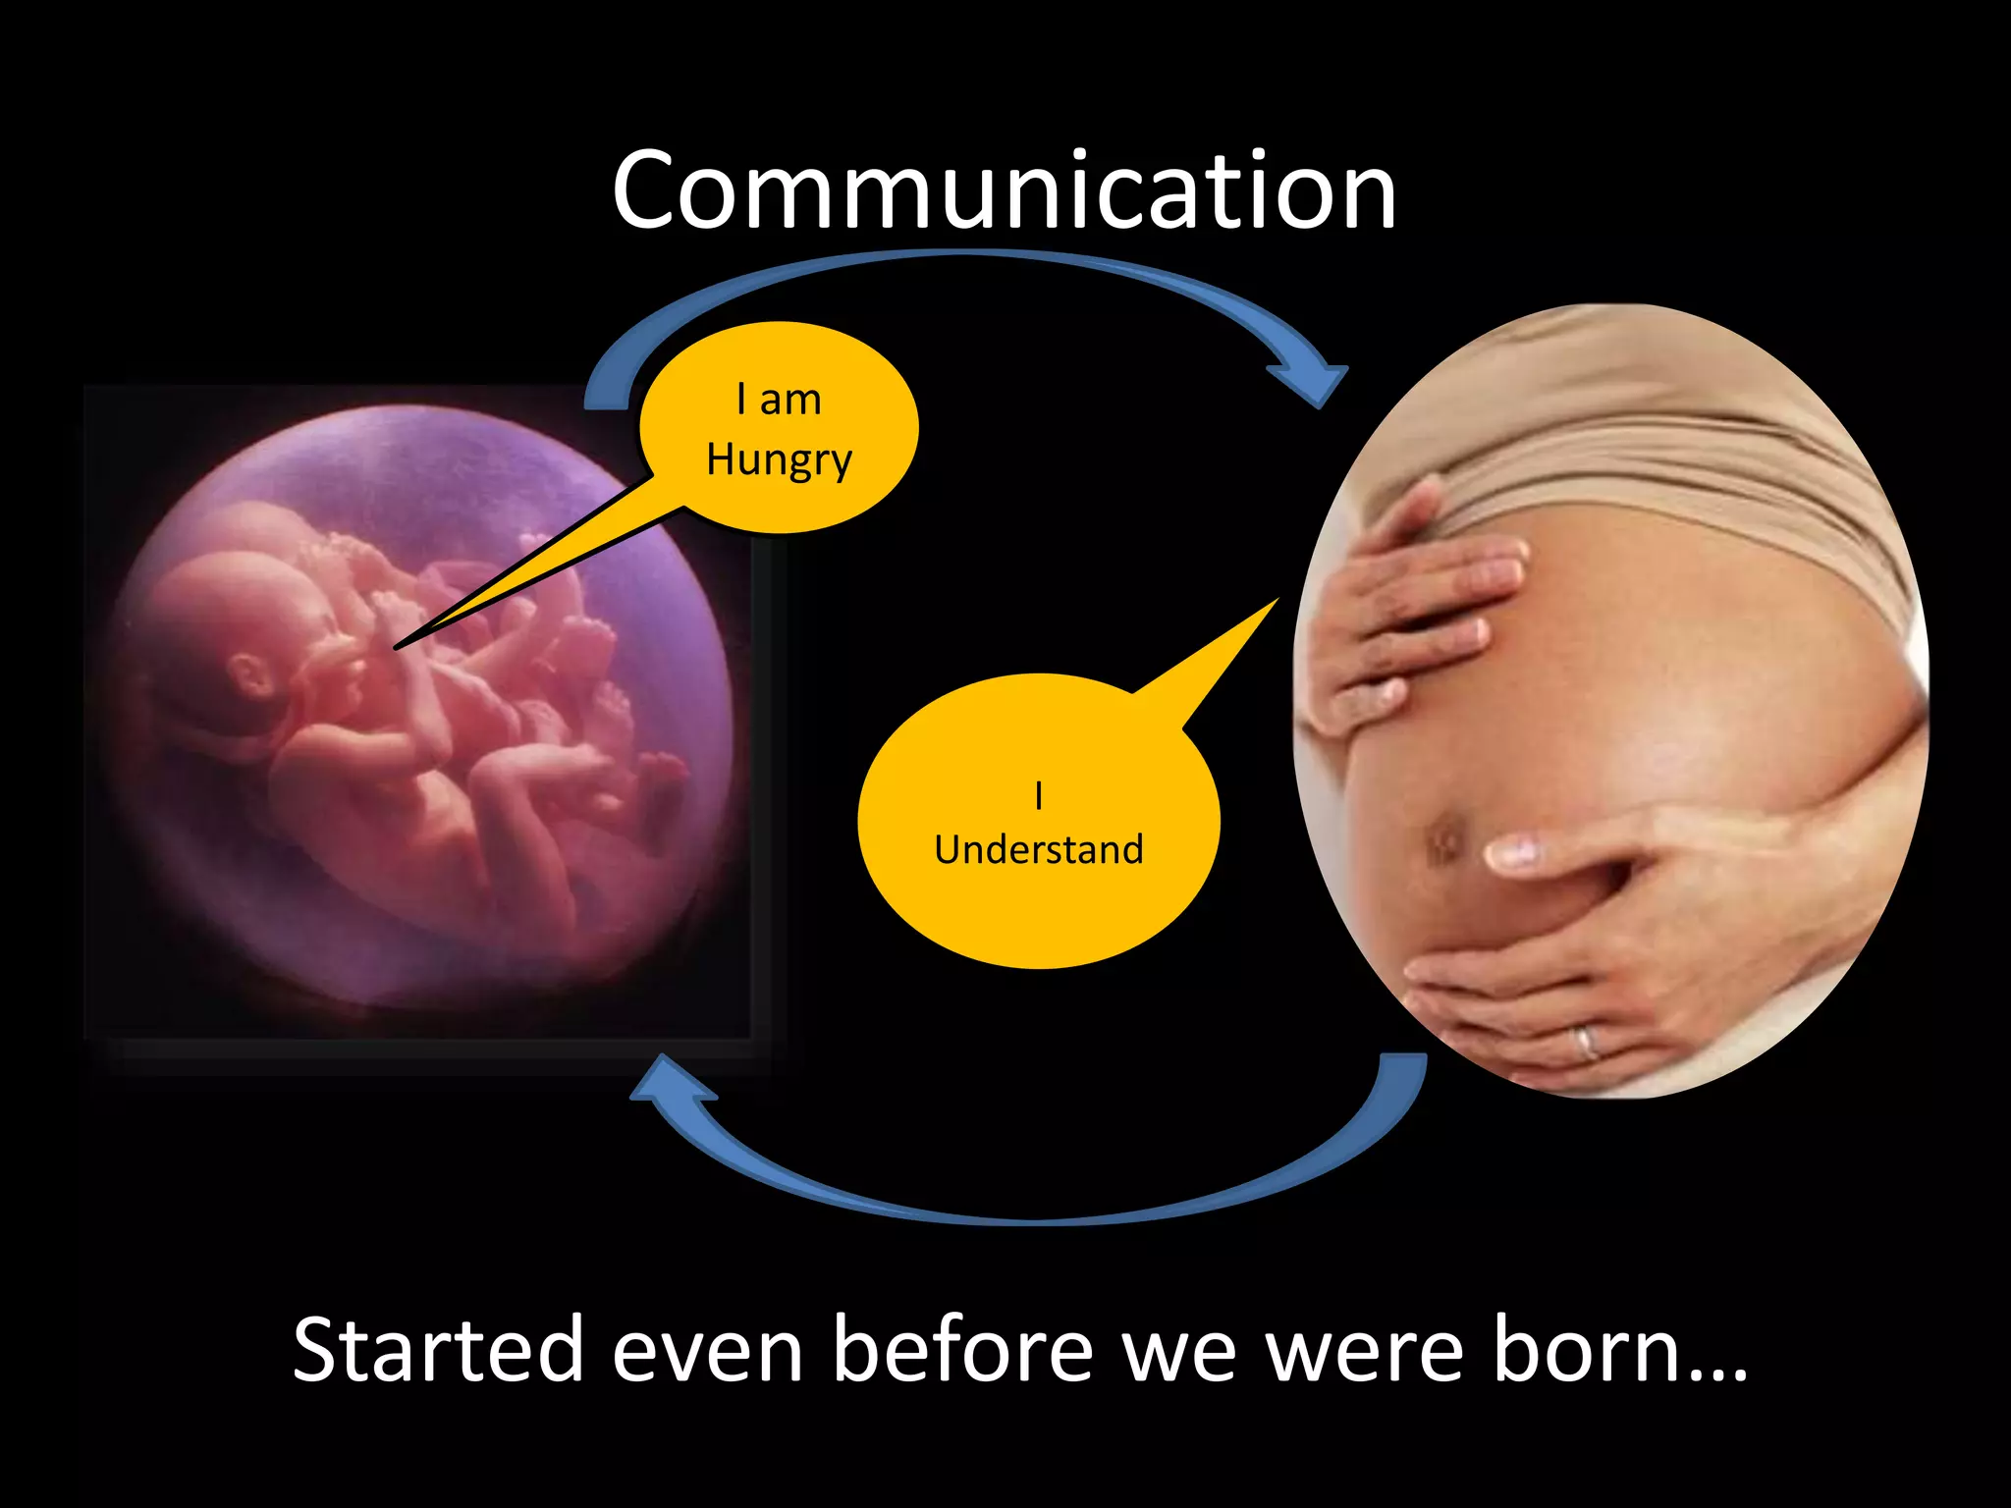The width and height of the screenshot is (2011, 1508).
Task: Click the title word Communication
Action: [x=1004, y=190]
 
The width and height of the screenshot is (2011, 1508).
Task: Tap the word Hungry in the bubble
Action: [x=779, y=459]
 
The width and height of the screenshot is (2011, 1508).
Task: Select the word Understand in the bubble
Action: [x=1039, y=849]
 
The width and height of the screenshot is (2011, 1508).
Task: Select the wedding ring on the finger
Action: [x=1586, y=1041]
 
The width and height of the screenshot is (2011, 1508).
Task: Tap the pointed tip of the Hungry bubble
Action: [x=397, y=647]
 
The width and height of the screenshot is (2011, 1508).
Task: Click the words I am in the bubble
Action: [x=779, y=401]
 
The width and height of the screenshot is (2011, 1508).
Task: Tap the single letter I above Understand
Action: [x=1039, y=795]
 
